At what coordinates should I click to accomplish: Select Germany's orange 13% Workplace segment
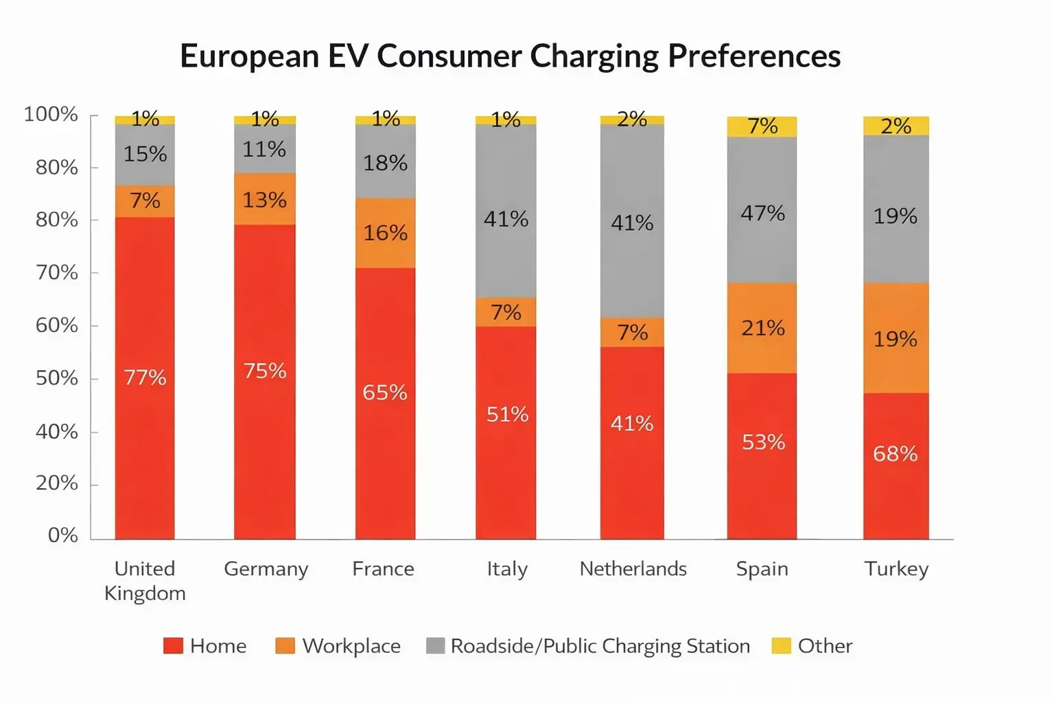(x=265, y=199)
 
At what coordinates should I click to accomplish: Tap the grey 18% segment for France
(x=385, y=162)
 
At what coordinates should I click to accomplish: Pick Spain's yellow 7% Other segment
(x=762, y=126)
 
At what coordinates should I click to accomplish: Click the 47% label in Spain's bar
(x=762, y=213)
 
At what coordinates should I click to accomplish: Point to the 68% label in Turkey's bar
(x=895, y=454)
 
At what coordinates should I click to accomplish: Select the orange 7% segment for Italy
(x=506, y=312)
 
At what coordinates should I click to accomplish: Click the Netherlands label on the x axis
(x=633, y=568)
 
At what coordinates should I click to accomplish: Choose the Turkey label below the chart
(x=896, y=568)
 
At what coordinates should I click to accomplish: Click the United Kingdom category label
(x=145, y=580)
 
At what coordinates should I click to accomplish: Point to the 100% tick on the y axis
(x=51, y=114)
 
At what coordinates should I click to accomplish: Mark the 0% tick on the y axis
(x=63, y=535)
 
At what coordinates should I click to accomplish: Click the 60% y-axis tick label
(x=57, y=325)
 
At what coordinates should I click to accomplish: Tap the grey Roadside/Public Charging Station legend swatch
(x=435, y=646)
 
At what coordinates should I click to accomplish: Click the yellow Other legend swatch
(x=781, y=646)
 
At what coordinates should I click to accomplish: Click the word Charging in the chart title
(x=594, y=56)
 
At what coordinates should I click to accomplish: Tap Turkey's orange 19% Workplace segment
(x=895, y=338)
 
